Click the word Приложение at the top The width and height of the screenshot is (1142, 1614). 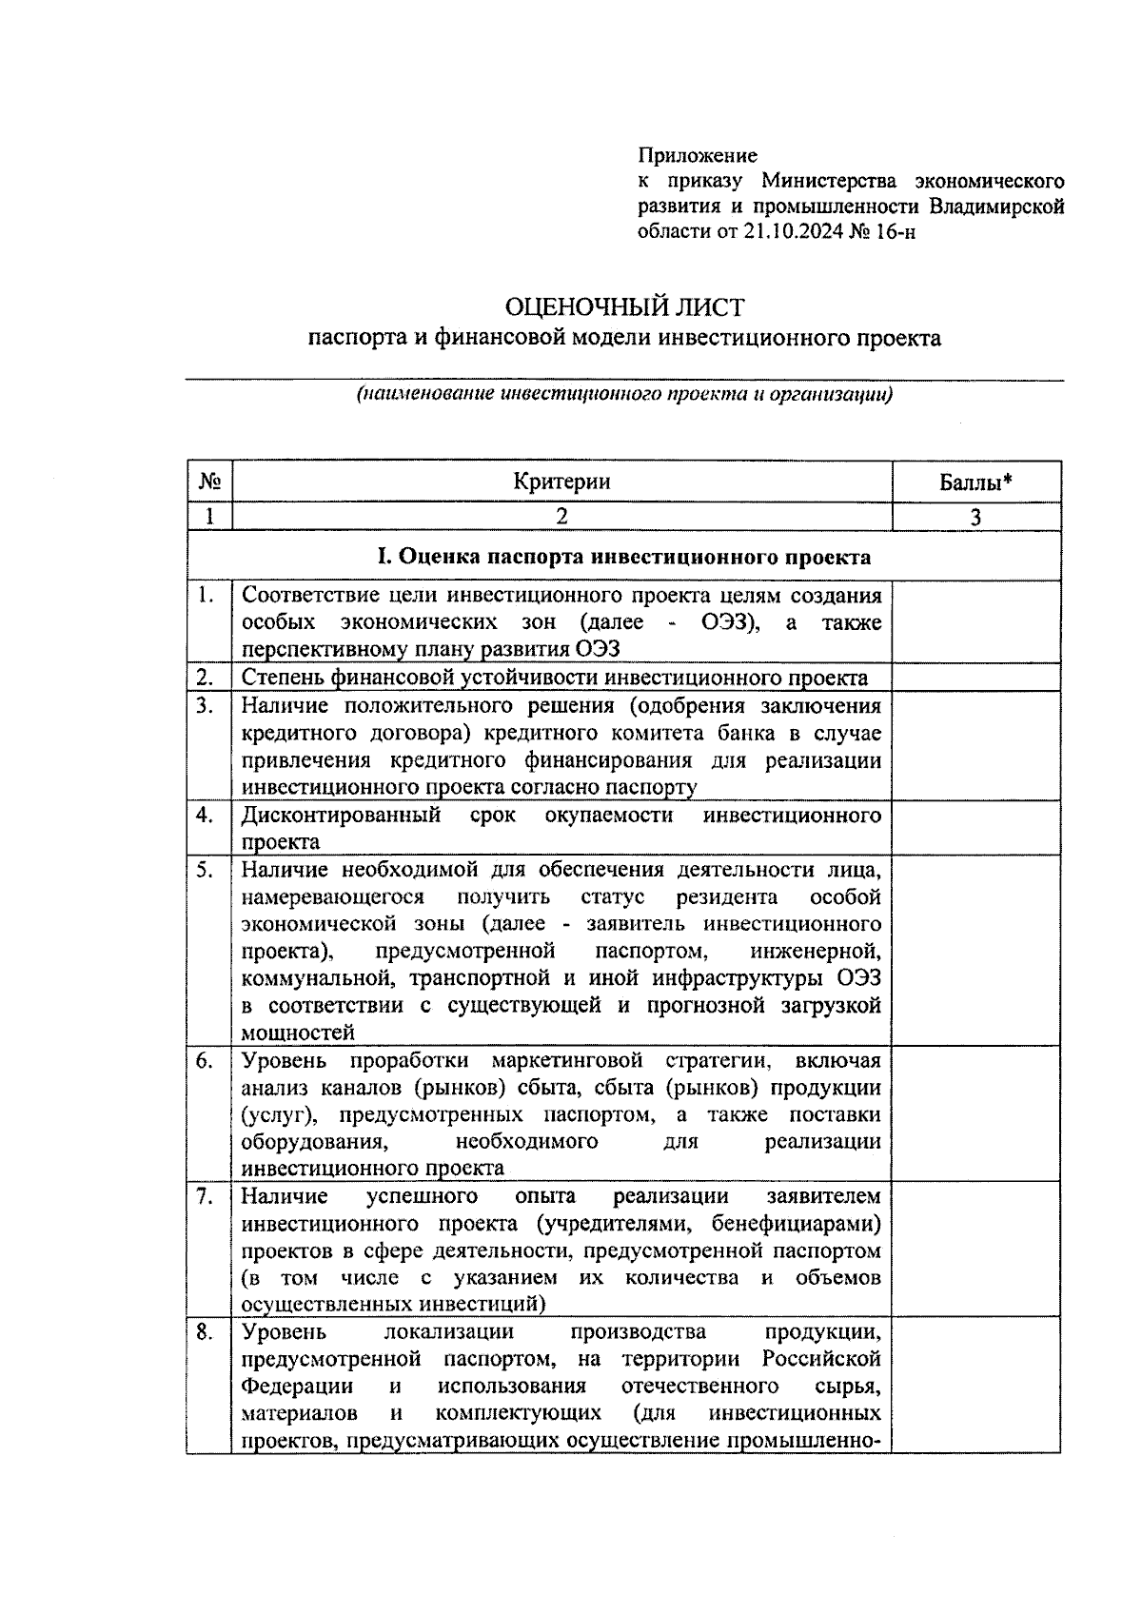tap(697, 155)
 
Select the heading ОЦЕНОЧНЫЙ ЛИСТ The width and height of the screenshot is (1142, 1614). tap(623, 306)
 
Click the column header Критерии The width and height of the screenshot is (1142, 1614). tap(561, 482)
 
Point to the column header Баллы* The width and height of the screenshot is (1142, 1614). tap(975, 482)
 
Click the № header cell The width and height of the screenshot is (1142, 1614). tap(209, 482)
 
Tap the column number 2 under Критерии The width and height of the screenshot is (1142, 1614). tap(561, 516)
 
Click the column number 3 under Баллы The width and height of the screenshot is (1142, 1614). tap(975, 517)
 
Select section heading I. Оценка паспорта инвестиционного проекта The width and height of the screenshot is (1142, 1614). tap(623, 557)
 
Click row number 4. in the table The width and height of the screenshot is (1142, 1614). tap(205, 816)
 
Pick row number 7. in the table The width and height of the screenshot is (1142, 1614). tap(205, 1196)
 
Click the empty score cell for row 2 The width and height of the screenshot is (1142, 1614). tap(975, 678)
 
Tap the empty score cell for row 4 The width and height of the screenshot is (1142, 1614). tap(975, 828)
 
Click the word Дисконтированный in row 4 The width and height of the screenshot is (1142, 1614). tap(340, 816)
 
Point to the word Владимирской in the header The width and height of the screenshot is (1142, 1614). tap(996, 207)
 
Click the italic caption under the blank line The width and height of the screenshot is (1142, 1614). tap(623, 395)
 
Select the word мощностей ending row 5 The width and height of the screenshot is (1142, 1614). tap(298, 1033)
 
